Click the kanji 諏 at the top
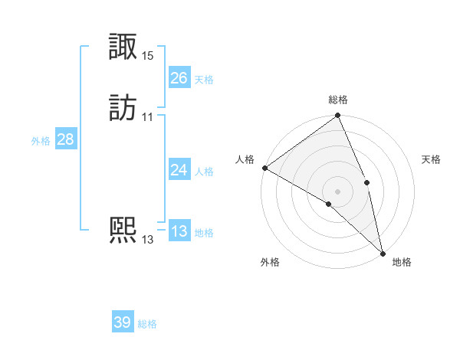tap(123, 48)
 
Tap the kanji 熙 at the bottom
tap(123, 231)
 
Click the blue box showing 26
tap(179, 78)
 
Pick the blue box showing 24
tap(179, 170)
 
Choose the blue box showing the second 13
tap(179, 231)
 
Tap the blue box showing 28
tap(65, 139)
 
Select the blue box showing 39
tap(122, 322)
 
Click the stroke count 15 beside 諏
tap(148, 56)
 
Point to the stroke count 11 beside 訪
tap(148, 117)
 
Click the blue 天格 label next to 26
tap(204, 80)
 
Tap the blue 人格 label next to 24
tap(204, 172)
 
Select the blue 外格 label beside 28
tap(41, 141)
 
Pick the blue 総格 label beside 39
tap(147, 324)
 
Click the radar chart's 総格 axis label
tap(338, 100)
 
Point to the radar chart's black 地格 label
tap(402, 262)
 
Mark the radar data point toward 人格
tap(264, 168)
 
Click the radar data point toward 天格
tap(367, 182)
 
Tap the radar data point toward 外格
tap(329, 204)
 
